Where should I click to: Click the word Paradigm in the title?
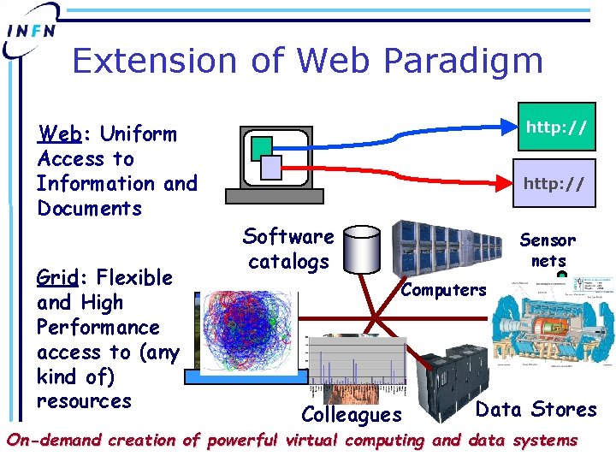463,61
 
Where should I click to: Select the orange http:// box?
556,128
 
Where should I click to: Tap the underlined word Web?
60,134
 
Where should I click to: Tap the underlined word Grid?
56,278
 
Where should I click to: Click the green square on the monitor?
262,147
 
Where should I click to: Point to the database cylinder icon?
365,249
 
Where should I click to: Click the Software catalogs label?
288,248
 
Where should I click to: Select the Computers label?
443,290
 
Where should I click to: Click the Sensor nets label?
548,250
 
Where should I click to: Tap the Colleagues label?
352,415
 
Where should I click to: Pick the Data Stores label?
536,409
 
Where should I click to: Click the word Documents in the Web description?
89,209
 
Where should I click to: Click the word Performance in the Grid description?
98,328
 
